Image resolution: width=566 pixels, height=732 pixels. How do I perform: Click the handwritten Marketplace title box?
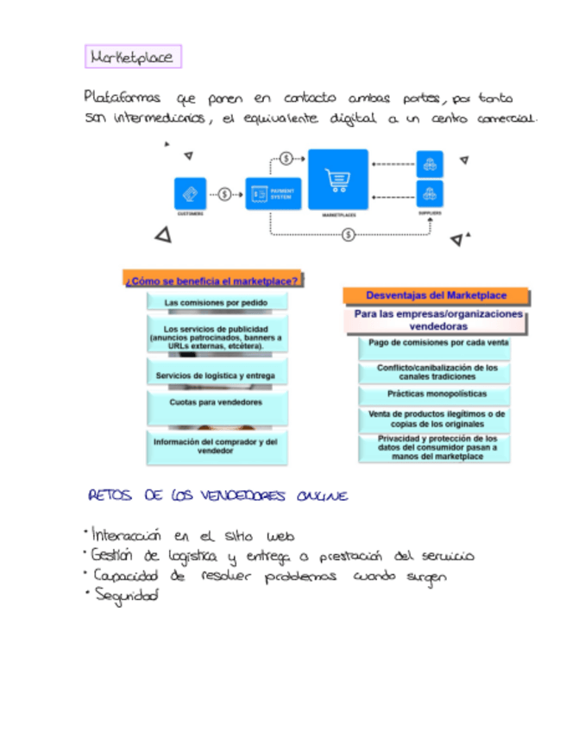133,58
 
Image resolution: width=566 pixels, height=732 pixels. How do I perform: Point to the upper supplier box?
430,163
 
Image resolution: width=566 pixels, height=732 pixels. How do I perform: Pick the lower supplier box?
430,192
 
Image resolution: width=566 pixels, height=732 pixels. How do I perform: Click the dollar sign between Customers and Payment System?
225,194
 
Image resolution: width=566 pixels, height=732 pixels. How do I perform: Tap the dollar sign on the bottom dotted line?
348,234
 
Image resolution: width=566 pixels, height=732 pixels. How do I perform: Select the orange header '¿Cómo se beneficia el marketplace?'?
213,280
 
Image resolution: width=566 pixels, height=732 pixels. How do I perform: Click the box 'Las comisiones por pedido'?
216,303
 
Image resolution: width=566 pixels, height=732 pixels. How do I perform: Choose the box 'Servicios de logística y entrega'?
216,375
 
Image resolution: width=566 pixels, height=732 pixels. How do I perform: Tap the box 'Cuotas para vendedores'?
216,402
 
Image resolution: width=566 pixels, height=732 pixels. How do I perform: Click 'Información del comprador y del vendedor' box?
216,445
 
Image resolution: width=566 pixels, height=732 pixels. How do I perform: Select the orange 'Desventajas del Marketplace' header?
436,295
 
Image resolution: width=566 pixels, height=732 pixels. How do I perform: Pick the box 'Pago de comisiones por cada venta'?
437,343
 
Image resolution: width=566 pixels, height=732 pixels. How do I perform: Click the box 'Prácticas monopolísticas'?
437,393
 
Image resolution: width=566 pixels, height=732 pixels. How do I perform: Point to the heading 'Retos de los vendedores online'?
218,496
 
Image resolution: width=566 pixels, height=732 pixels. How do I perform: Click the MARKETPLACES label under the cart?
339,213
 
